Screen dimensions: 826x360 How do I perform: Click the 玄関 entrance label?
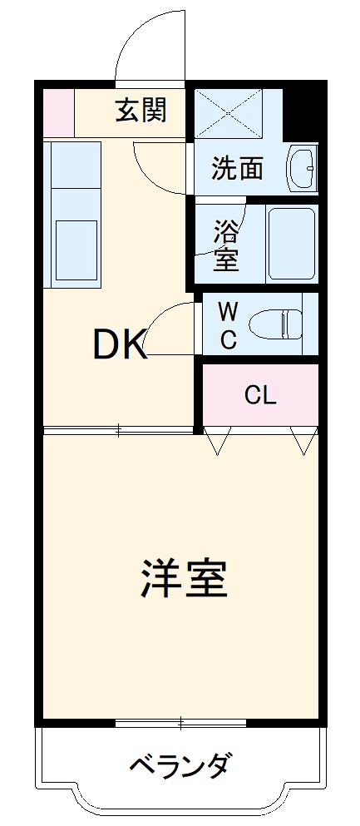141,110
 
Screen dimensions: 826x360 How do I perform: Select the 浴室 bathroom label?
225,245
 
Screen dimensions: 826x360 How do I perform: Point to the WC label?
229,325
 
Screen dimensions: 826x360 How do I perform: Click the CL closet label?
259,394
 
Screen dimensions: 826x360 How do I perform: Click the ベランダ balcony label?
180,764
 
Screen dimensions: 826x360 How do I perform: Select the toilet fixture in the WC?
279,324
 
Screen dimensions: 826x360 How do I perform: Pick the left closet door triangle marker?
218,442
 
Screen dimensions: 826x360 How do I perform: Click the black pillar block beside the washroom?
302,113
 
